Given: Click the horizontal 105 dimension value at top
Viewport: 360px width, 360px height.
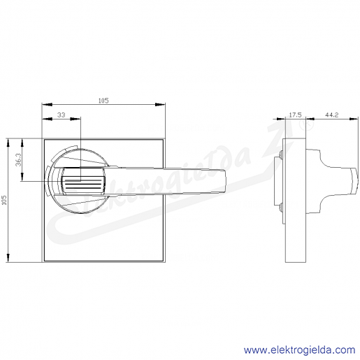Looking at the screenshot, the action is point(103,101).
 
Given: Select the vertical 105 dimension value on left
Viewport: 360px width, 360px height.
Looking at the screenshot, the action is point(4,200).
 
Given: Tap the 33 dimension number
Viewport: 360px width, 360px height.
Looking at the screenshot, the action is point(62,115).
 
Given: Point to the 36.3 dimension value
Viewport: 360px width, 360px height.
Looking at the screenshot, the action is point(18,159).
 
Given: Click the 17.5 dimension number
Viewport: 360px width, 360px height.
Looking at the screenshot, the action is point(295,115).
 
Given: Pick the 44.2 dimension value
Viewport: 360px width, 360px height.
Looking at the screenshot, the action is point(332,115).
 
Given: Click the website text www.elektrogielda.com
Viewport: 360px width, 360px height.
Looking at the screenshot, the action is point(299,350).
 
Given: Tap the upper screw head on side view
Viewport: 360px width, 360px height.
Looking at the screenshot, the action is point(281,154).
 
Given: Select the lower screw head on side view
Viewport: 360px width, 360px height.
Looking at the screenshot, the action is point(281,207).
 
